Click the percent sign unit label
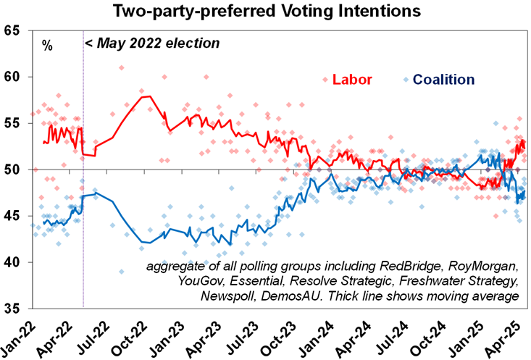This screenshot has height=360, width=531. click(x=47, y=46)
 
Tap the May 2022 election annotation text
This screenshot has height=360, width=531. click(x=153, y=43)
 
